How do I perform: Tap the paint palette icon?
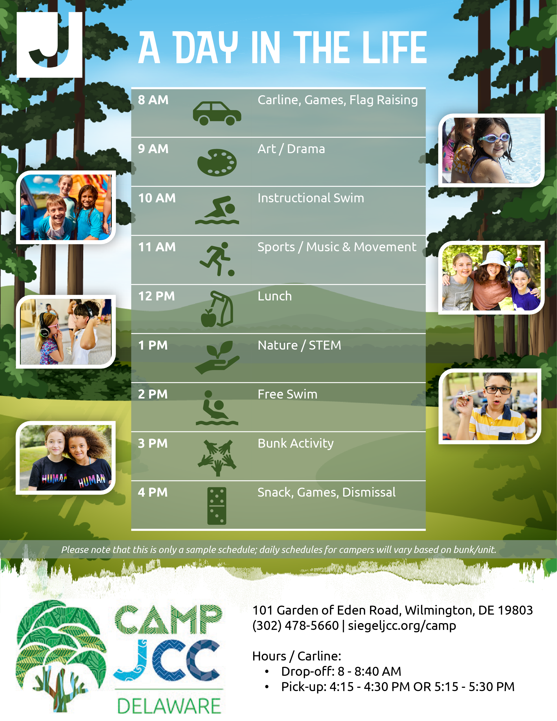coord(217,162)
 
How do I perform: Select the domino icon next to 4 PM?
coord(217,506)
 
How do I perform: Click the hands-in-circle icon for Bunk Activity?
coord(217,458)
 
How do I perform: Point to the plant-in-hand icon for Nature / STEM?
coord(217,357)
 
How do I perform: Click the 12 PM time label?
coord(156,296)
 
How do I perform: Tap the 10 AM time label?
coord(157,198)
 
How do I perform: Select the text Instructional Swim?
coord(311,198)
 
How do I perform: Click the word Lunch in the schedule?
coord(275,296)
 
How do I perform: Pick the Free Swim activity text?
coord(287,394)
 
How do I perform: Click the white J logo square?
coord(50,45)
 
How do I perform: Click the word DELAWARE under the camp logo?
coord(169,706)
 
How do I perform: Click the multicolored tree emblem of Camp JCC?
coord(61,655)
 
